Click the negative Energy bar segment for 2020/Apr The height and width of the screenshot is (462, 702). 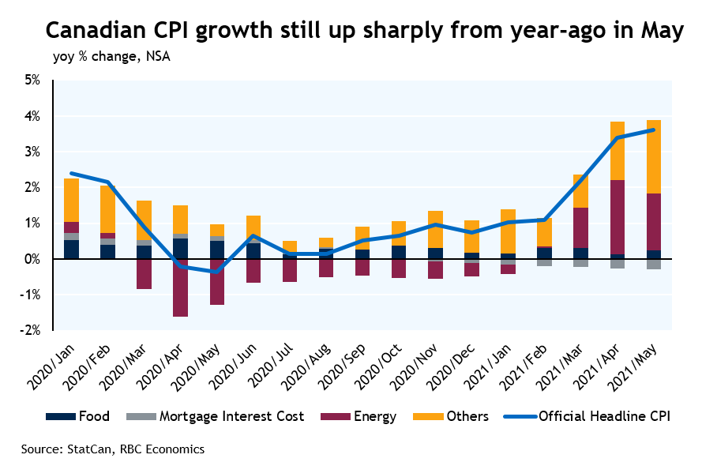181,287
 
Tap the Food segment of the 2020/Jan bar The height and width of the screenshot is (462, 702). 71,250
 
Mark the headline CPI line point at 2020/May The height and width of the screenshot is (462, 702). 217,272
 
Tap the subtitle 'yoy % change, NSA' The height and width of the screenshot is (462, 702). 111,57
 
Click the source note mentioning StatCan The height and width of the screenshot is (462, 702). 113,449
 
